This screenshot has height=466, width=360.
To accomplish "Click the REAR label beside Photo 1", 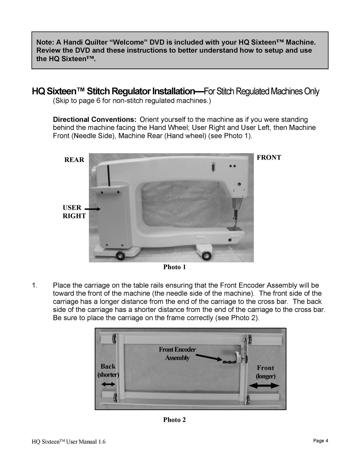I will [74, 160].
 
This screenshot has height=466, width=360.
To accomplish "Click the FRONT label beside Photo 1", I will [269, 158].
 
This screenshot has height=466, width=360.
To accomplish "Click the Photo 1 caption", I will [174, 267].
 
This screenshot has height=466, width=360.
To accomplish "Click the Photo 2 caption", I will [174, 420].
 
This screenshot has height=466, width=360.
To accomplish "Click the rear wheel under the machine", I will [120, 256].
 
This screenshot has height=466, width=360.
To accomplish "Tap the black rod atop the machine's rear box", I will [108, 175].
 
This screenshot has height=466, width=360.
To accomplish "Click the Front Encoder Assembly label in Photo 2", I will [177, 353].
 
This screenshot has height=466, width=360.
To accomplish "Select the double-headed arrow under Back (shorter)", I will [108, 384].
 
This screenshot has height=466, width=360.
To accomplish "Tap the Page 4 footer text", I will [321, 441].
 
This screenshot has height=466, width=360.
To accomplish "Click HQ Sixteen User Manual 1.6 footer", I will [69, 442].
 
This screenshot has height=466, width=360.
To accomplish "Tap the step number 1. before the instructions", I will [35, 285].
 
